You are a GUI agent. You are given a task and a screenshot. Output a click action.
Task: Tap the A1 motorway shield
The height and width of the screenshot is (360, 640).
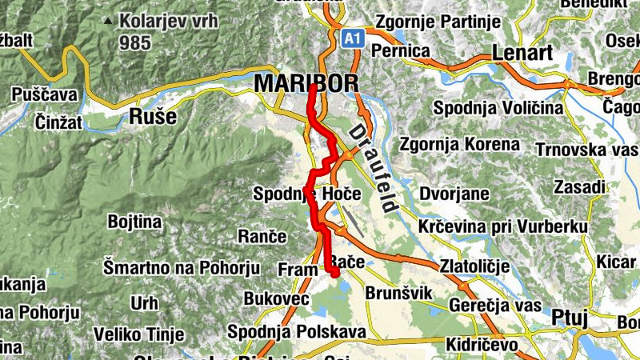pyautogui.click(x=353, y=38)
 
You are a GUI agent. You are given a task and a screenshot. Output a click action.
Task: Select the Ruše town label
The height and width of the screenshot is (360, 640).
pyautogui.click(x=152, y=117)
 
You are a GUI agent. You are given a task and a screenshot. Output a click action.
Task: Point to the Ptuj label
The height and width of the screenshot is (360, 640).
pyautogui.click(x=570, y=318)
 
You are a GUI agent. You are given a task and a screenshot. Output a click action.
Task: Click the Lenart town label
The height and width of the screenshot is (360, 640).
pyautogui.click(x=522, y=54)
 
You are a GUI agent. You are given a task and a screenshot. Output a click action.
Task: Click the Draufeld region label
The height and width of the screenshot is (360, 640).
pyautogui.click(x=373, y=167)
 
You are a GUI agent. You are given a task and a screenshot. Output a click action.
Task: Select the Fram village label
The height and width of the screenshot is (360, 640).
pyautogui.click(x=298, y=270)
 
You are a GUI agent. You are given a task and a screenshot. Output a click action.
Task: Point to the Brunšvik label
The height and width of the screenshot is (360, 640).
pyautogui.click(x=398, y=294)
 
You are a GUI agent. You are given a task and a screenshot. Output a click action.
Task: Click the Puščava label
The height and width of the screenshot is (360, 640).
pyautogui.click(x=45, y=95)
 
